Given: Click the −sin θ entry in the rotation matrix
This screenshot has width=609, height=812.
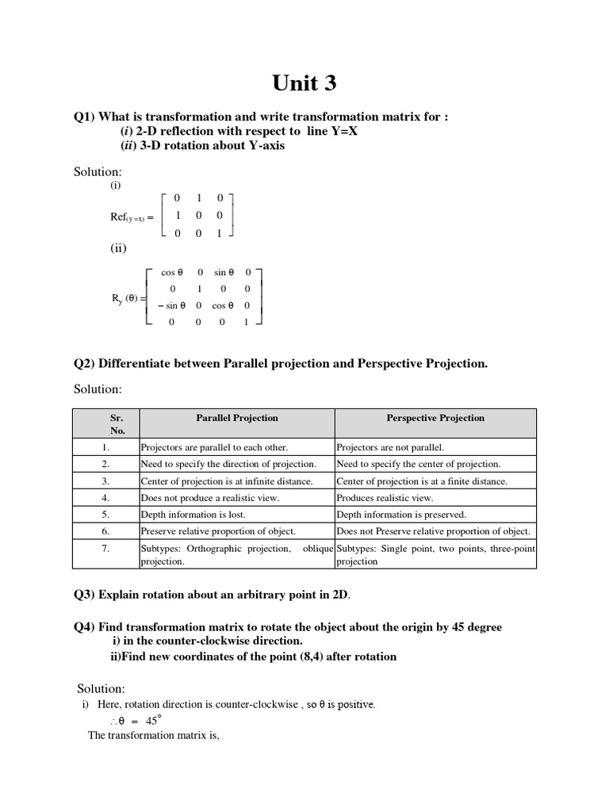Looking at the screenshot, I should pyautogui.click(x=172, y=304).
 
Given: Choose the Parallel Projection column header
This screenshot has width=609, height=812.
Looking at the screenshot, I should pyautogui.click(x=236, y=418).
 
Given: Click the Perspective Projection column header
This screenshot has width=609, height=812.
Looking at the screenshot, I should pyautogui.click(x=435, y=418).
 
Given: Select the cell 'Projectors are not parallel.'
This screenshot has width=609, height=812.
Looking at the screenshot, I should pyautogui.click(x=390, y=447).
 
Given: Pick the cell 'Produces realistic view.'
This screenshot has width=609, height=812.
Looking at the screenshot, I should pyautogui.click(x=385, y=498).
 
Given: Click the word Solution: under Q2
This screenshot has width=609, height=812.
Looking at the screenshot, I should pyautogui.click(x=98, y=389).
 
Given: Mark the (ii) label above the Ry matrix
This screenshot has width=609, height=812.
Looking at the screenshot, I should pyautogui.click(x=118, y=248).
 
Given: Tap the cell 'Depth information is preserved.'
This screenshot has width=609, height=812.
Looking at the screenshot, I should pyautogui.click(x=401, y=515).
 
